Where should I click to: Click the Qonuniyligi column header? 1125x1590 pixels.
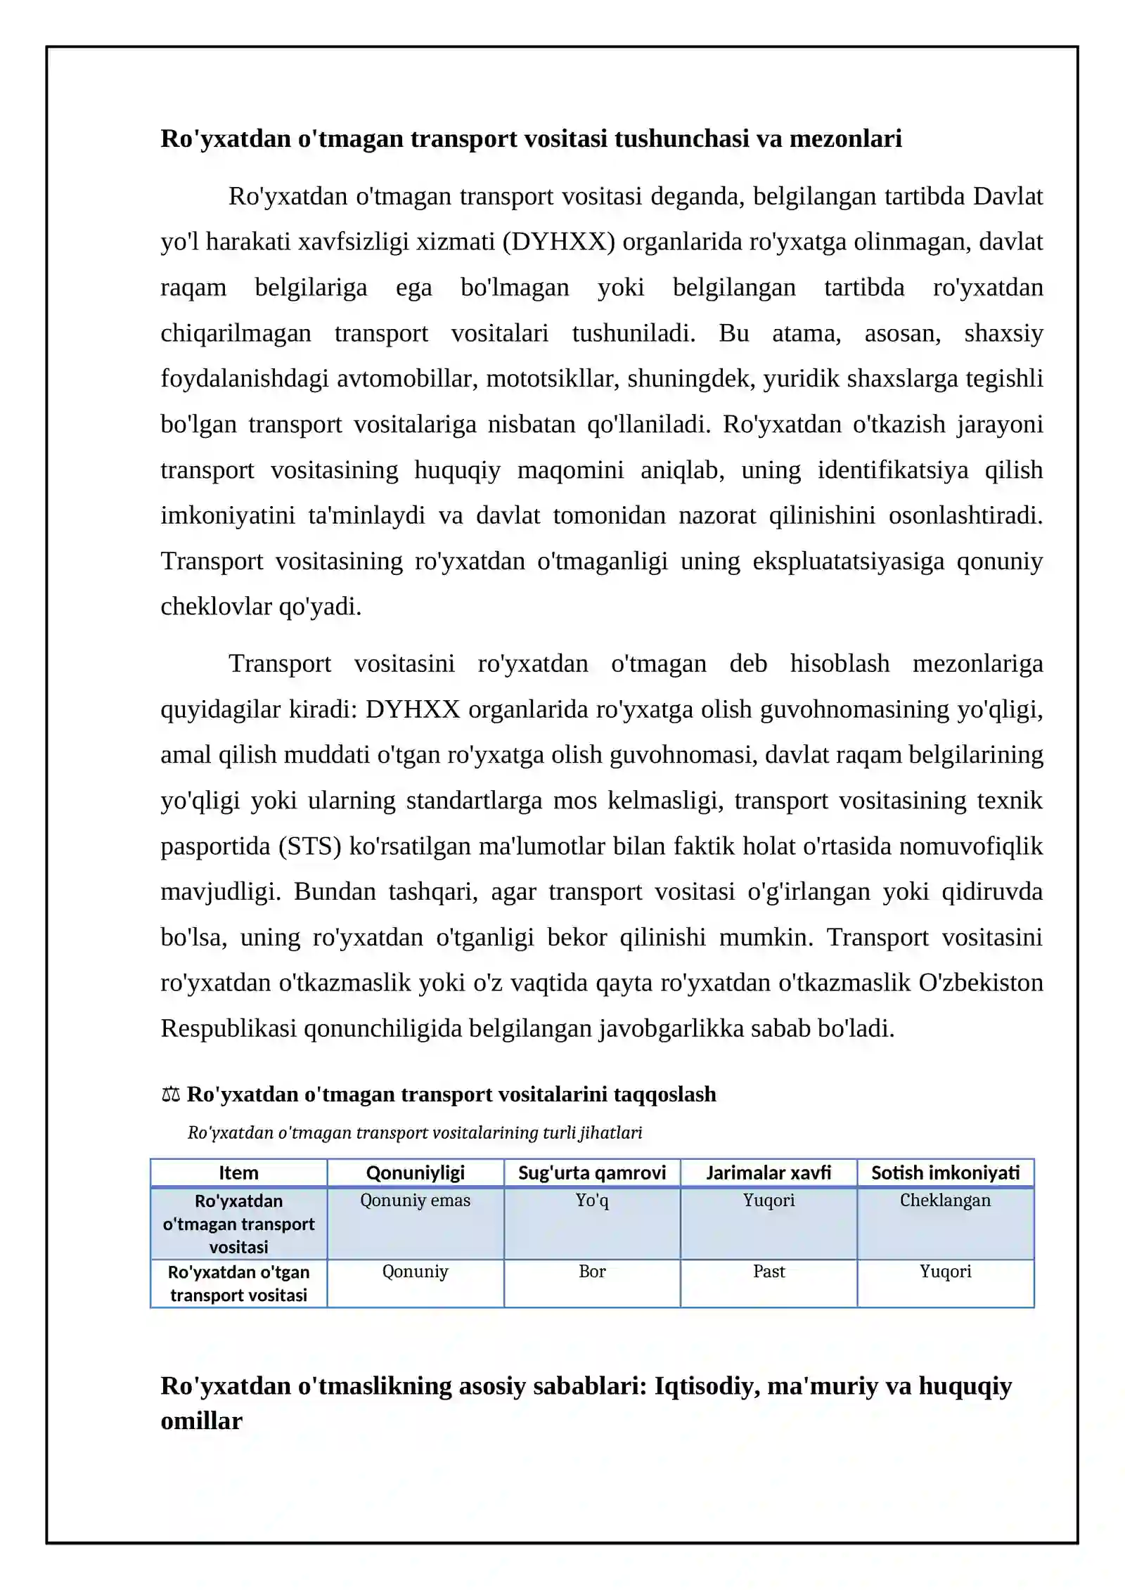coord(415,1172)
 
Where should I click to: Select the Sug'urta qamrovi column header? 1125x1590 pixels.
coord(591,1172)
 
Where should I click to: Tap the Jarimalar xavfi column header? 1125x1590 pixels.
coord(769,1172)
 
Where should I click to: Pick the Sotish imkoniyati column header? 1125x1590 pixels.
coord(945,1172)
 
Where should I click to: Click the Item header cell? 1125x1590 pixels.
coord(238,1172)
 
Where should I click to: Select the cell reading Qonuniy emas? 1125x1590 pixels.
coord(415,1201)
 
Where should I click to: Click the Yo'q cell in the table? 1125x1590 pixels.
coord(592,1201)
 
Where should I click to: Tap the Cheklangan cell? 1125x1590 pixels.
coord(945,1201)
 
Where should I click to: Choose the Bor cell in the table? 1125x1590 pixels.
coord(592,1272)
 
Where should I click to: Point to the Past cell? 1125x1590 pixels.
coord(769,1272)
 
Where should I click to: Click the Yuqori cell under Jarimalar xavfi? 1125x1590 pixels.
coord(769,1201)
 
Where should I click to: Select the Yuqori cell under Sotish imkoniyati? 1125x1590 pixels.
coord(945,1272)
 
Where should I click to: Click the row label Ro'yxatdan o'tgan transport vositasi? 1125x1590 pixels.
coord(238,1284)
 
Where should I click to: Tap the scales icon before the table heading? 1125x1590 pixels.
coord(170,1095)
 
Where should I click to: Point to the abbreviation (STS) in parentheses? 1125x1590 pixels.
coord(310,846)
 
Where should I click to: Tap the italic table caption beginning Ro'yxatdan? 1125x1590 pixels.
coord(415,1132)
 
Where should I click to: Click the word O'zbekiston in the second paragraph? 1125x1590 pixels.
coord(981,983)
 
